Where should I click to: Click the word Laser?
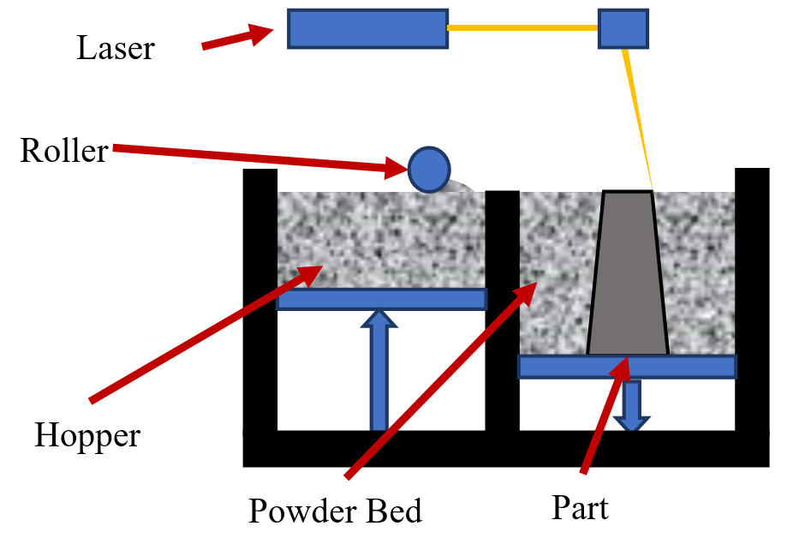[x=116, y=48]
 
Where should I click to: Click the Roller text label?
[x=65, y=152]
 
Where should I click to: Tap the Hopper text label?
[x=87, y=436]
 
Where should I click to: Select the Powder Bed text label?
[x=336, y=511]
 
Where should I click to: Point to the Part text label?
[x=580, y=508]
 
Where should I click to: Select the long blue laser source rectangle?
[x=367, y=28]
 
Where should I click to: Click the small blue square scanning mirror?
[x=623, y=28]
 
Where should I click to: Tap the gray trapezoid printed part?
[x=628, y=274]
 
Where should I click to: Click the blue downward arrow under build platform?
[x=633, y=404]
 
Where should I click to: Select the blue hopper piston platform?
[x=381, y=299]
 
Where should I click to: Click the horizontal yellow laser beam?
[x=522, y=28]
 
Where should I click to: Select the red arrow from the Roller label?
[x=257, y=160]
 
